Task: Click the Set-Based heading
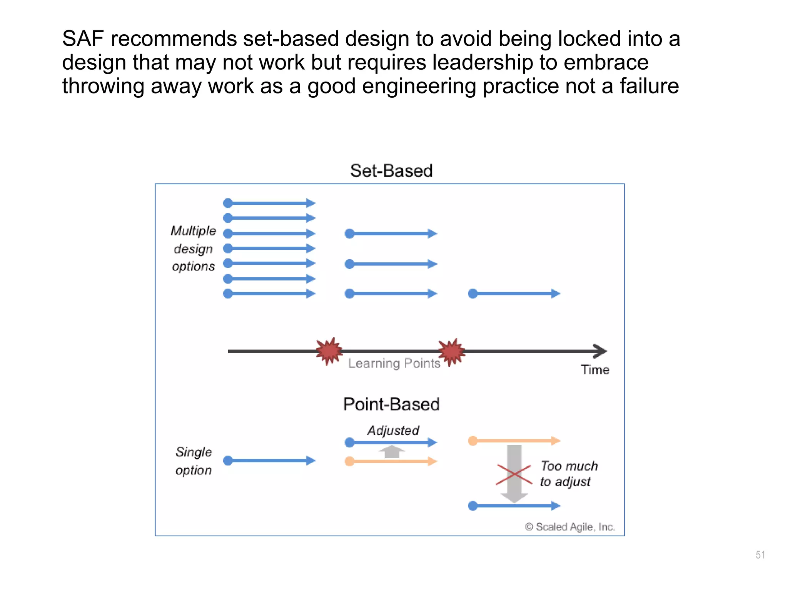[x=391, y=170]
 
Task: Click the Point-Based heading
[x=391, y=404]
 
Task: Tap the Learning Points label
[x=394, y=363]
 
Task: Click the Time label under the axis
[x=595, y=370]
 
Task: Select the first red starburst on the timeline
[x=329, y=351]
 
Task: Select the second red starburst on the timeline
[x=452, y=351]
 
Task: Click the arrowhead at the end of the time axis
[x=600, y=351]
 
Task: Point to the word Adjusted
[x=393, y=430]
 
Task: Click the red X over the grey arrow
[x=514, y=474]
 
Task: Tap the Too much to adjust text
[x=569, y=474]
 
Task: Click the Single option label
[x=194, y=461]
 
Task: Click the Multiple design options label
[x=193, y=248]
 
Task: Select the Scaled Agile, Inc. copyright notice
[x=570, y=527]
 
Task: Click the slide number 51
[x=760, y=554]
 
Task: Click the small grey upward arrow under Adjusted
[x=392, y=451]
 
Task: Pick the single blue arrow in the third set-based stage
[x=514, y=294]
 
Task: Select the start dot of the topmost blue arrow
[x=228, y=203]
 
